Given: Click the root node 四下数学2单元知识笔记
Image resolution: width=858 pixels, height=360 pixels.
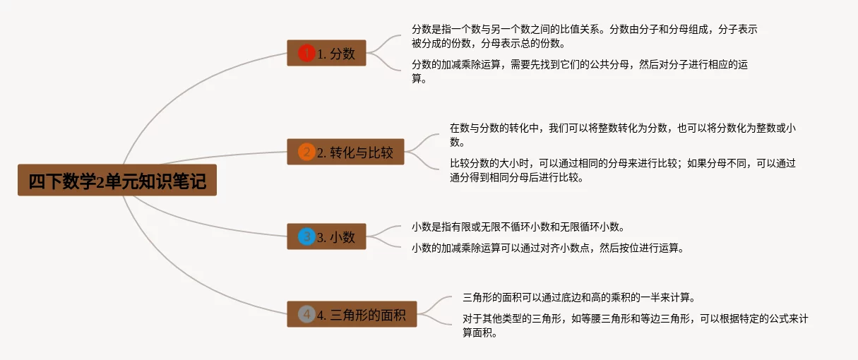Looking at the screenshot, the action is (x=117, y=181).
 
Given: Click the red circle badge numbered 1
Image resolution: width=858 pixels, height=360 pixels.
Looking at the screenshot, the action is (x=306, y=53).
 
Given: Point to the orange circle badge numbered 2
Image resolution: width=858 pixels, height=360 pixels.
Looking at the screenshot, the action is (x=306, y=152).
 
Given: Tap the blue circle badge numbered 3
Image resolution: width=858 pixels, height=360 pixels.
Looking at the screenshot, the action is (x=306, y=236).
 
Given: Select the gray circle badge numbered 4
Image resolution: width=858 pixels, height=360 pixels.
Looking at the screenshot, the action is (x=306, y=314).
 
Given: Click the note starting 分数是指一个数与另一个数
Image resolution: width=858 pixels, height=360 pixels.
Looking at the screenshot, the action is (x=585, y=36).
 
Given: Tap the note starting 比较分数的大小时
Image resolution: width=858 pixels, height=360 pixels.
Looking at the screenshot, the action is (x=623, y=170).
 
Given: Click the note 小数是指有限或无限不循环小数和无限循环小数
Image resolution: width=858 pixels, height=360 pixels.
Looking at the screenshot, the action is (x=518, y=227).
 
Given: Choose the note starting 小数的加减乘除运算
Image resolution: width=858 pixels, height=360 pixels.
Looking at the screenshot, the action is (x=547, y=248).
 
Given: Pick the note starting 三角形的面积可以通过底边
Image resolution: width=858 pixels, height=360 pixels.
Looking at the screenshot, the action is (x=583, y=297).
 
